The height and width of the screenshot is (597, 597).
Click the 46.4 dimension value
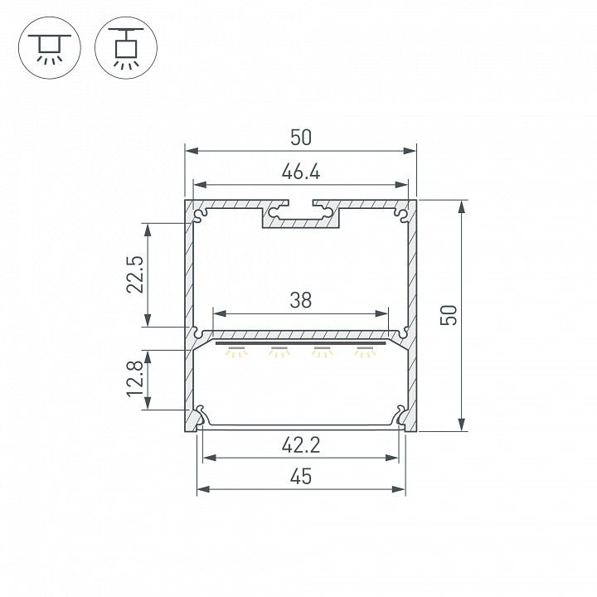[301, 172]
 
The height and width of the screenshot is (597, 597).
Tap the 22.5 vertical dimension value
[135, 274]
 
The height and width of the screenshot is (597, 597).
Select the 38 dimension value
[301, 300]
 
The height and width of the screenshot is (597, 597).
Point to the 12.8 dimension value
[135, 379]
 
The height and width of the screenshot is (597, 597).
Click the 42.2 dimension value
[301, 445]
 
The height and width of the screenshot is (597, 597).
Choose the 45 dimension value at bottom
[301, 477]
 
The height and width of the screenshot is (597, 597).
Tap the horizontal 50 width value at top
[301, 138]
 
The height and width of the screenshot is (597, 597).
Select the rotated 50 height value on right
[449, 315]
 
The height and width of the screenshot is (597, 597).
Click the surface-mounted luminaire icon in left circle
[50, 48]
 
